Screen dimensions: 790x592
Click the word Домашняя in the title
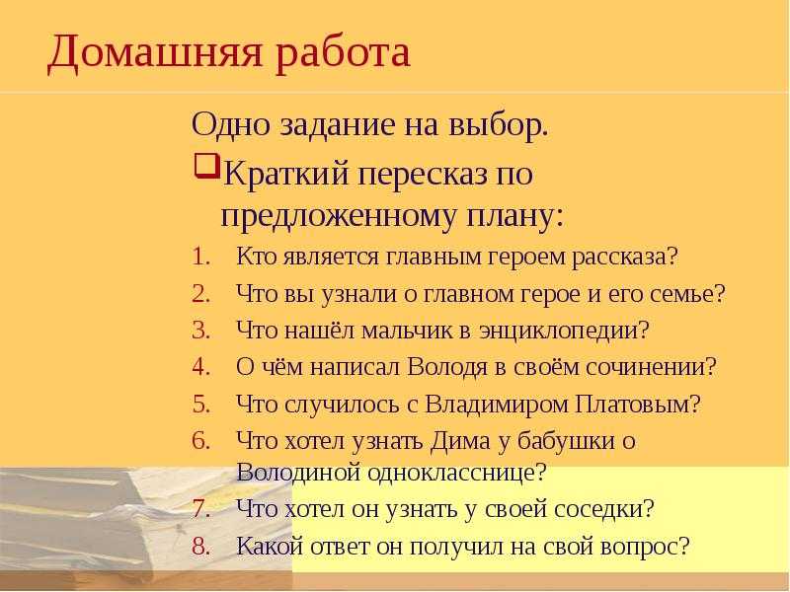click(155, 53)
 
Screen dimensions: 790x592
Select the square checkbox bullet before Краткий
click(206, 166)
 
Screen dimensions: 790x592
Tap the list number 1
click(200, 257)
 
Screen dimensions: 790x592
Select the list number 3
click(200, 331)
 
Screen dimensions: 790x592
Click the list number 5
click(200, 405)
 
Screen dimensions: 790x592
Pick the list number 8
click(200, 547)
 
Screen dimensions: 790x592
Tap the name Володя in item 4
click(447, 368)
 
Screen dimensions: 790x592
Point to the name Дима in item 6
click(459, 441)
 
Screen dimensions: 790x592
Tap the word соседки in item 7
click(592, 509)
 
